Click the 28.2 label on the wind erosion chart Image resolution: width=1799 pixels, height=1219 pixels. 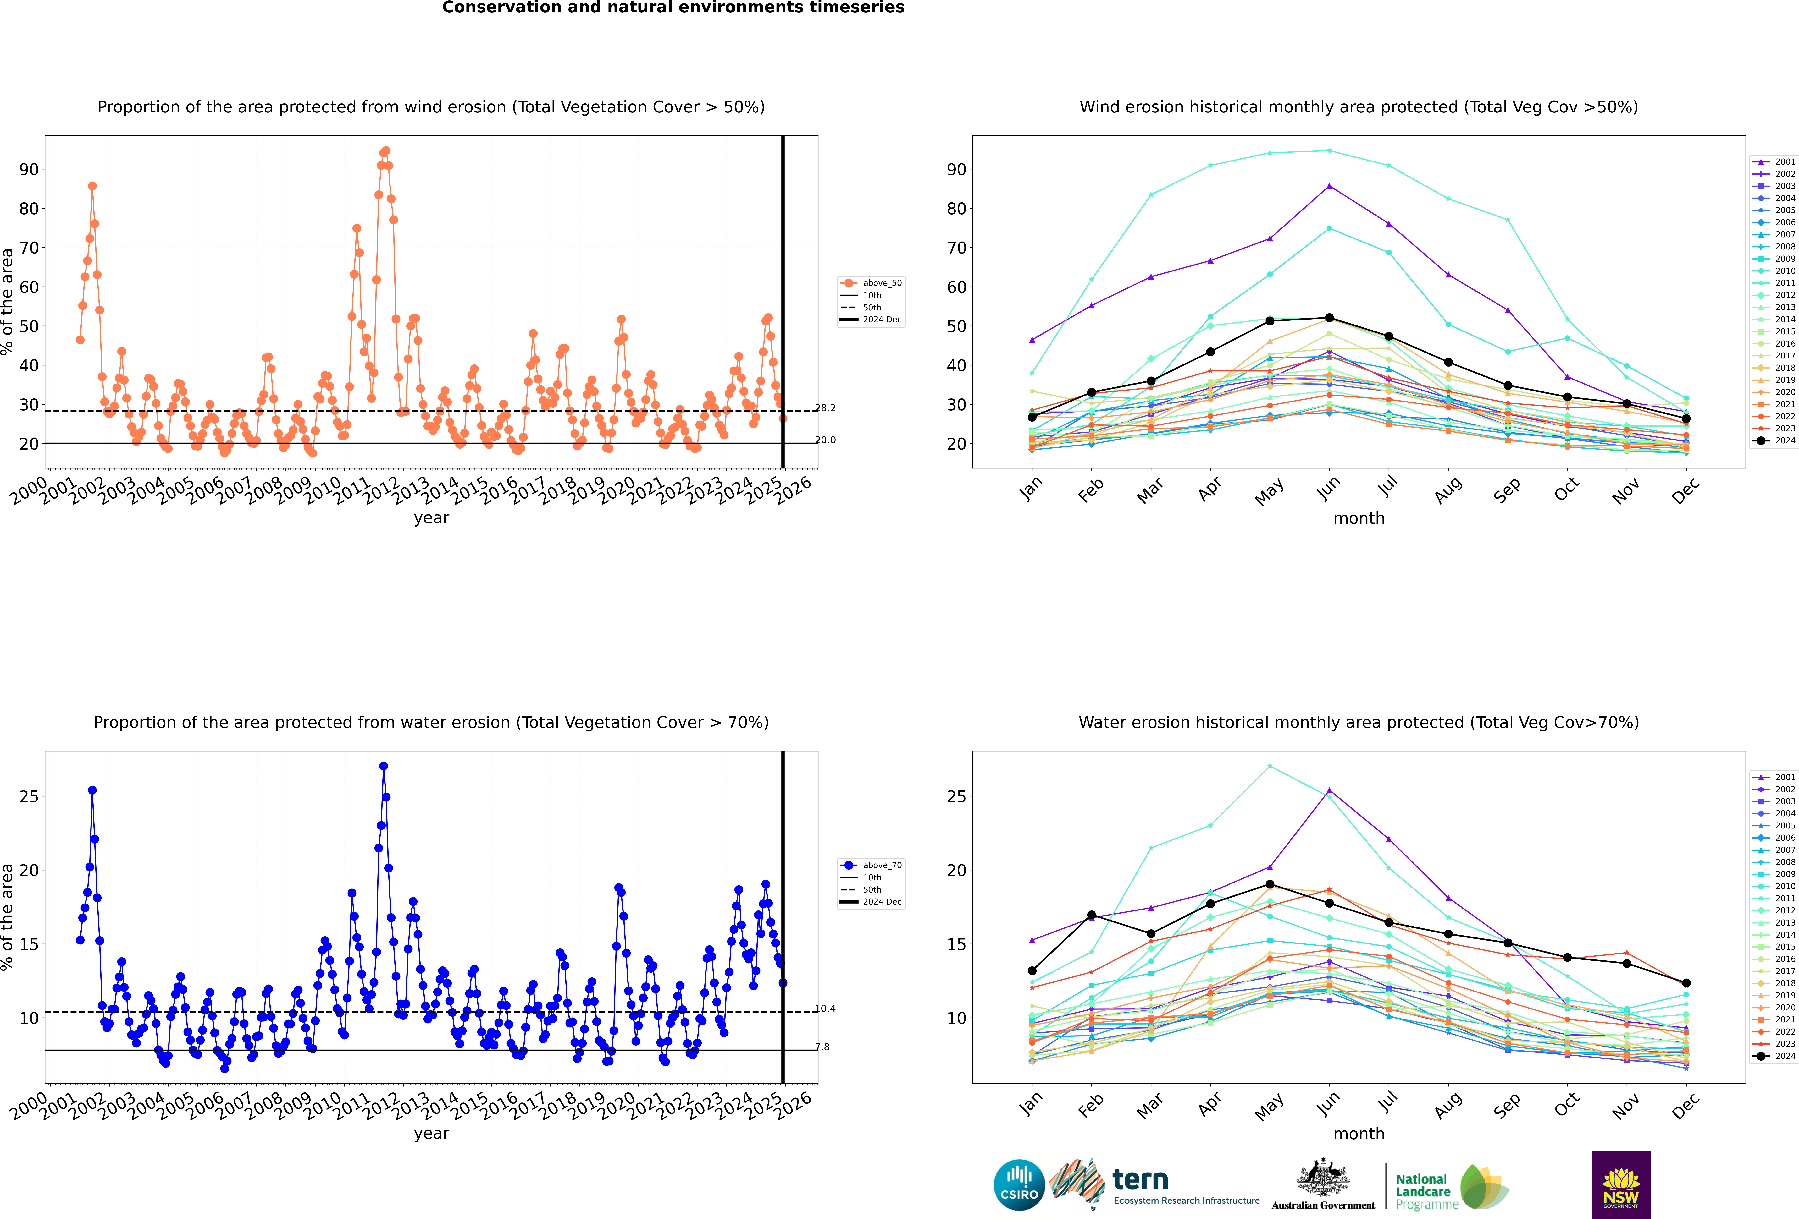point(825,408)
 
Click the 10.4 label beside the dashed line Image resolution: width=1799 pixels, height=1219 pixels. point(825,1009)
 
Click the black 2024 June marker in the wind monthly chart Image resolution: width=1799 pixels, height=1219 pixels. point(1329,318)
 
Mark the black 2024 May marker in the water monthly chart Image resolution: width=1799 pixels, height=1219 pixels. point(1270,884)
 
